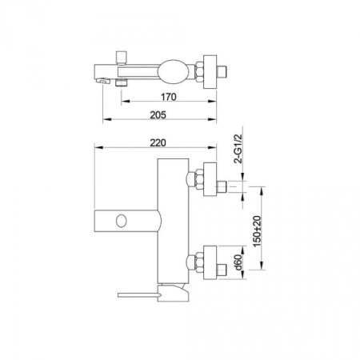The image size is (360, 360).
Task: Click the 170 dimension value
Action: (169, 97)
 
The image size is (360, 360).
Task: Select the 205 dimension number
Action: (158, 115)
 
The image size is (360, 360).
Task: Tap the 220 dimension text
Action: (158, 142)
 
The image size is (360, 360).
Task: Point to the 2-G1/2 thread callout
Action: (238, 148)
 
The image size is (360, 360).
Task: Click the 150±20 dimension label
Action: (258, 231)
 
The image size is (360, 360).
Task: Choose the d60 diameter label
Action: (238, 262)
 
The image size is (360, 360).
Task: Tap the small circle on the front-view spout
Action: (122, 221)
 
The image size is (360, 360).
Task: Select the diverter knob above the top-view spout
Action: (122, 58)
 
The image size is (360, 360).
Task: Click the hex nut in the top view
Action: (199, 72)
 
